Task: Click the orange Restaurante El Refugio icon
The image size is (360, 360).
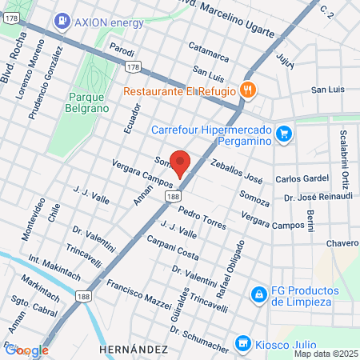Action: (247, 90)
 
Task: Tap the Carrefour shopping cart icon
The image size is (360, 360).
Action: (282, 133)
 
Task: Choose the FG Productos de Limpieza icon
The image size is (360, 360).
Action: (258, 294)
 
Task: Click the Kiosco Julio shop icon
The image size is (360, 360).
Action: (242, 343)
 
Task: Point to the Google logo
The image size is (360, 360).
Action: (27, 350)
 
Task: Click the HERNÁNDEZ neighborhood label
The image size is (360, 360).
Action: (134, 350)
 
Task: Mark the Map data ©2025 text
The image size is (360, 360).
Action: (323, 354)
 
